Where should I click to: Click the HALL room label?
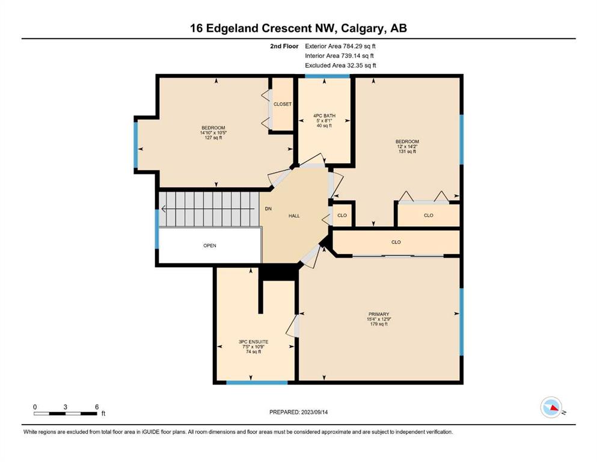point(294,215)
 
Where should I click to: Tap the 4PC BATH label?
point(325,115)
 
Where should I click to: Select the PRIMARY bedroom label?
point(379,314)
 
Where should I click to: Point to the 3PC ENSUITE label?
point(254,342)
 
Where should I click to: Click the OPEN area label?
point(210,245)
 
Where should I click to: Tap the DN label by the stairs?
point(268,209)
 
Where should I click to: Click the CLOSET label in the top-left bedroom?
point(283,104)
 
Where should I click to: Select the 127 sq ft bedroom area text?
point(213,138)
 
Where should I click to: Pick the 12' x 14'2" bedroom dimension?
point(407,146)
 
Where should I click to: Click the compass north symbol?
point(551,407)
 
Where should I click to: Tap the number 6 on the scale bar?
point(97,407)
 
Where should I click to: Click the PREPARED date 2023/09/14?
point(314,412)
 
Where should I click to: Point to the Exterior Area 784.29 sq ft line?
point(340,46)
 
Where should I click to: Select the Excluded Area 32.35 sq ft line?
point(340,65)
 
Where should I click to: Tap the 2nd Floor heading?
point(284,46)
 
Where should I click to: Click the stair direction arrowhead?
point(164,209)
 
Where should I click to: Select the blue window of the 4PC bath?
point(328,76)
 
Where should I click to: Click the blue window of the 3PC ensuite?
point(257,383)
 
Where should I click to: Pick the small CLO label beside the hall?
point(342,215)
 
